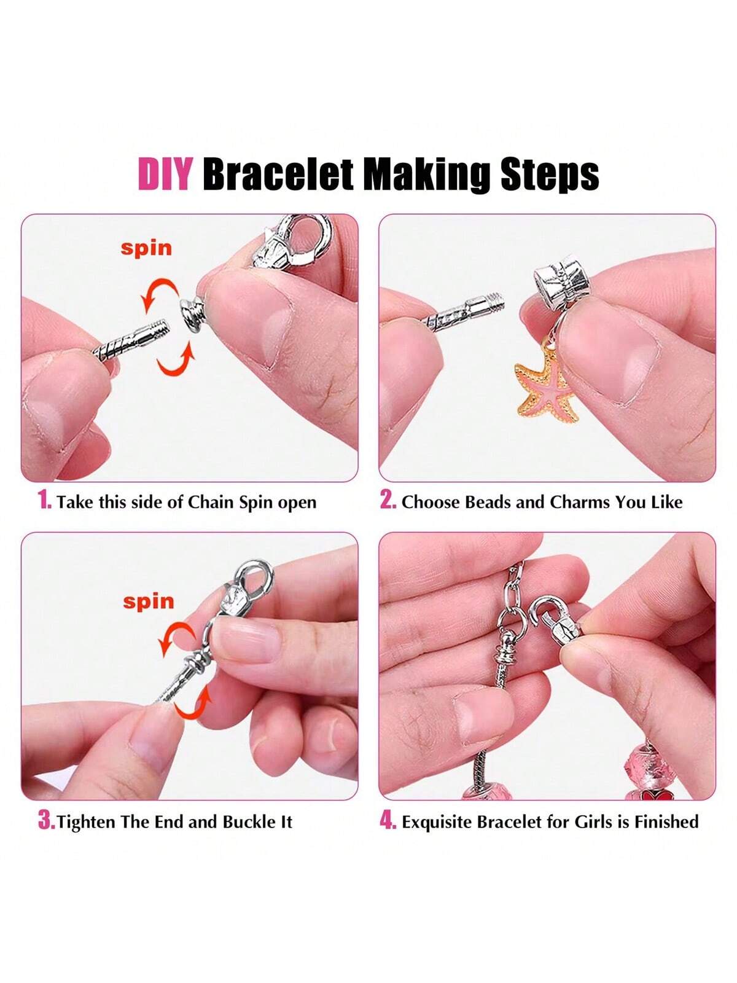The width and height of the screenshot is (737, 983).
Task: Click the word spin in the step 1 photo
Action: coord(146,248)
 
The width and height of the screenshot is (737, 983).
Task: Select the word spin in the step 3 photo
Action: coord(149,601)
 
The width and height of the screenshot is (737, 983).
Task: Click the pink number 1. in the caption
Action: coord(45,500)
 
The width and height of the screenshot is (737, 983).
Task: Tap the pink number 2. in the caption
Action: coord(388,500)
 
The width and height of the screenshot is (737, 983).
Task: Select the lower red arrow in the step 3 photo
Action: coord(192,705)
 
